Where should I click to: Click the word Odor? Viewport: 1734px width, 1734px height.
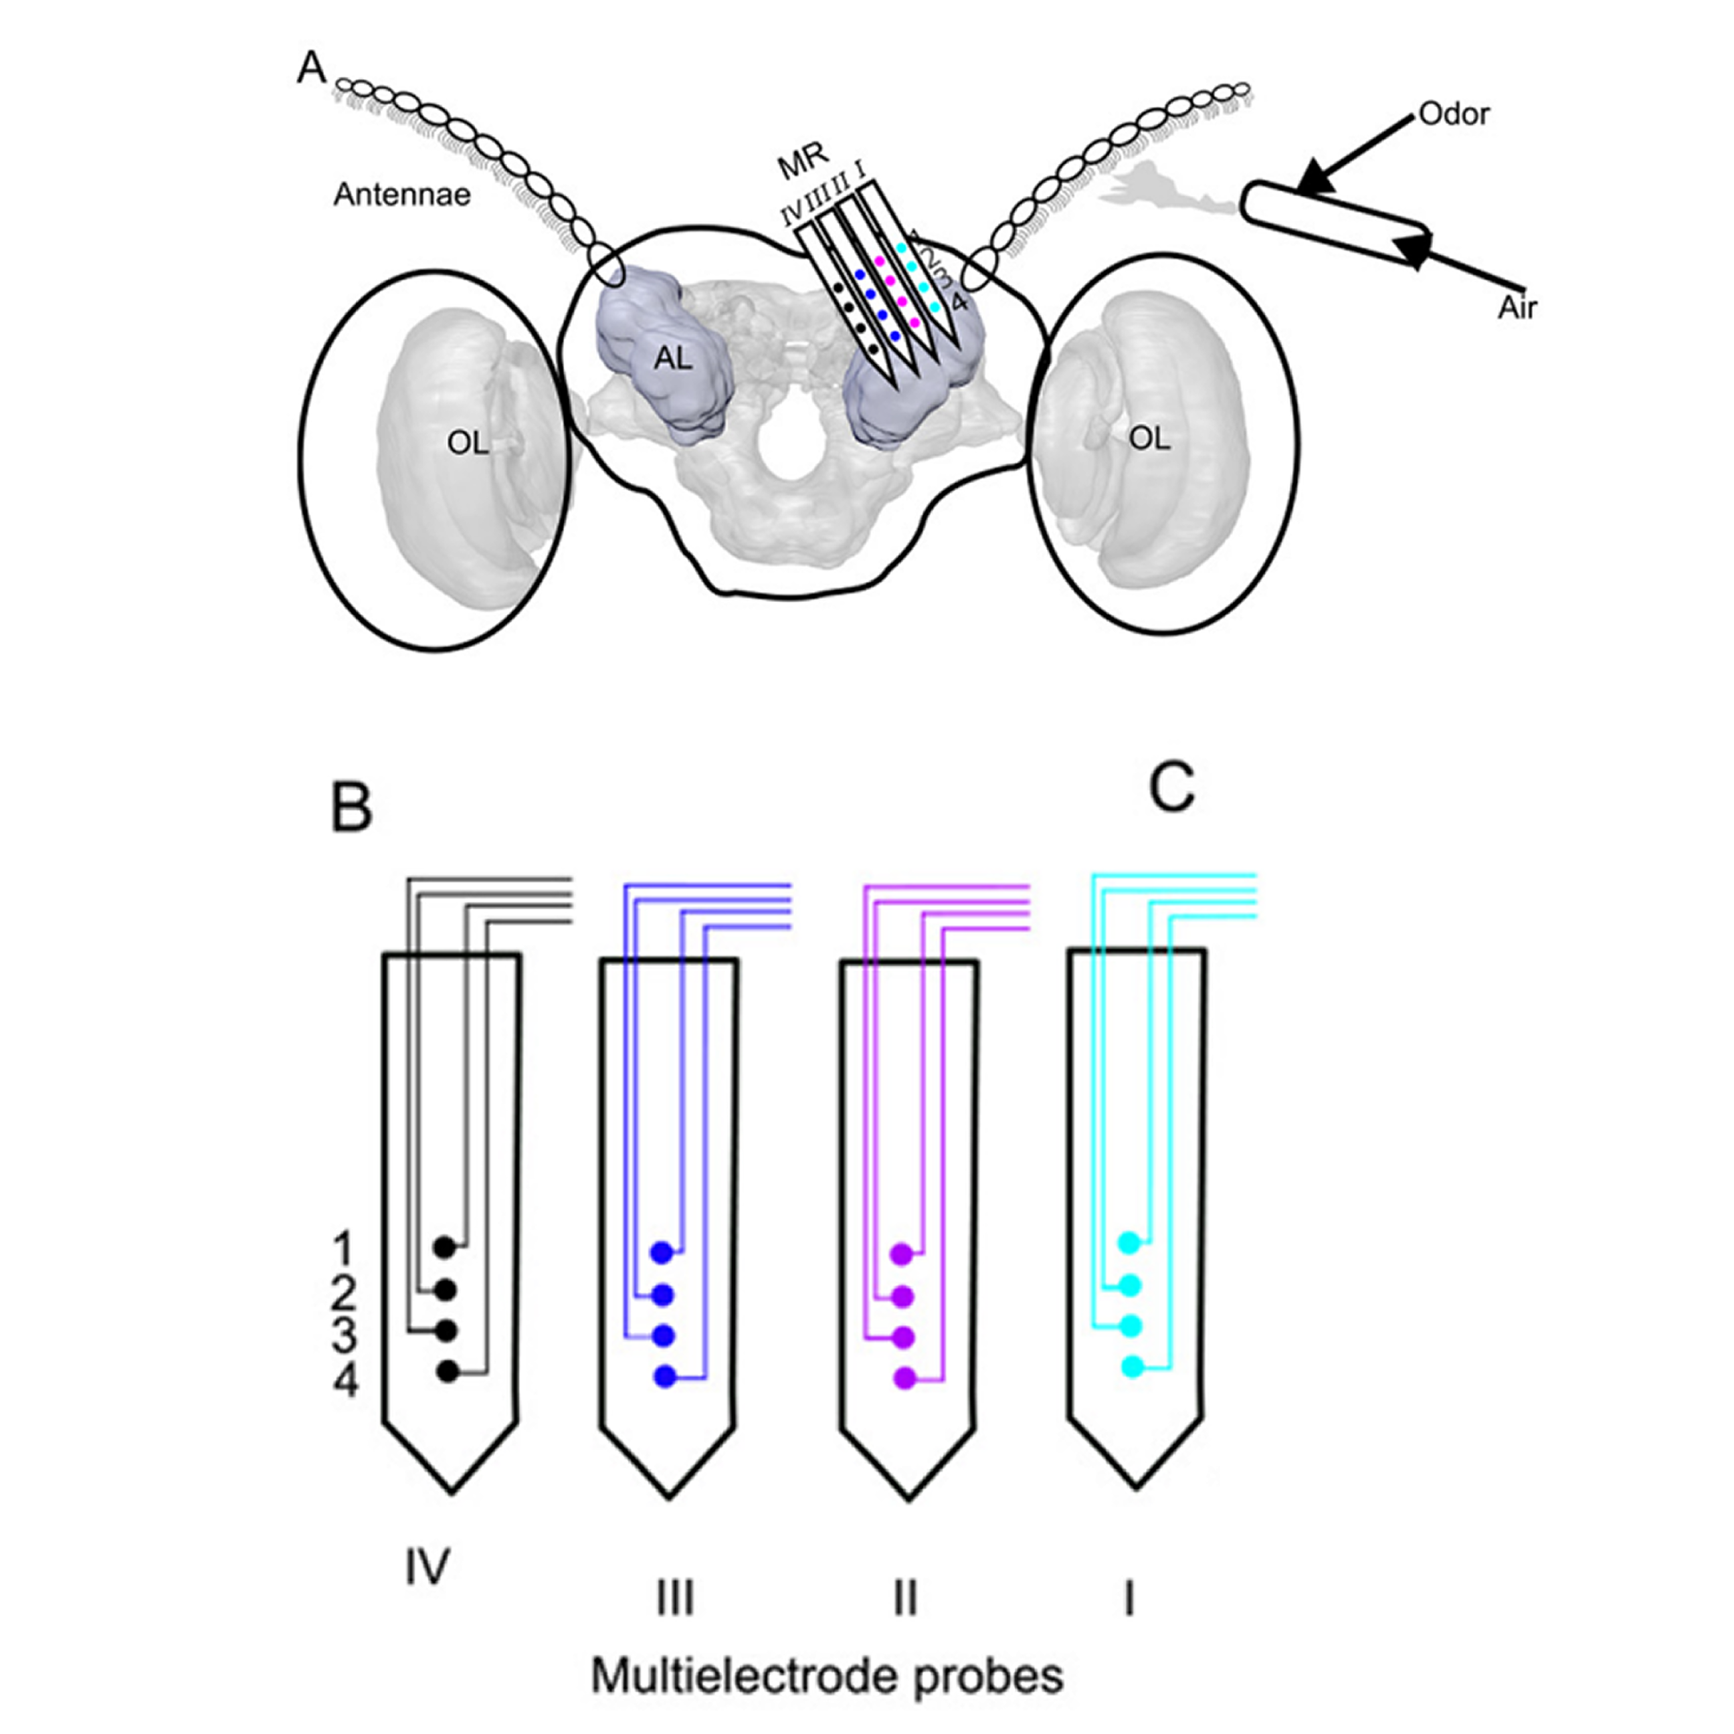[1454, 115]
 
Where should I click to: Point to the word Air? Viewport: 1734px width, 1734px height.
[1517, 308]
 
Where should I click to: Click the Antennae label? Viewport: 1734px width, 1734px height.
[402, 194]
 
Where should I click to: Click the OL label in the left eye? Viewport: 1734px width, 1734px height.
[468, 442]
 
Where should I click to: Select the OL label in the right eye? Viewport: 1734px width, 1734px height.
[1150, 438]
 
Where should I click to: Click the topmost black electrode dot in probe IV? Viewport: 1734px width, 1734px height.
[444, 1247]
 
